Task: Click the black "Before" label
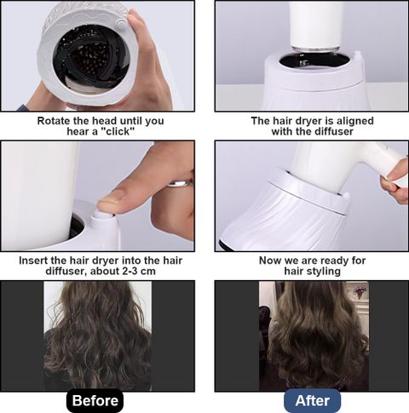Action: (x=95, y=401)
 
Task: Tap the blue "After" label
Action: (x=312, y=401)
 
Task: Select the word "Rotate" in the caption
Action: (x=54, y=121)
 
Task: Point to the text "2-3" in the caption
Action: (x=130, y=271)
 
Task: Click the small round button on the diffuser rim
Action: (x=121, y=23)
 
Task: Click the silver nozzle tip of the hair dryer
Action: (x=315, y=49)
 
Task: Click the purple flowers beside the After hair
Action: (x=360, y=291)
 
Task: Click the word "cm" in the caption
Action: (x=148, y=271)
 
